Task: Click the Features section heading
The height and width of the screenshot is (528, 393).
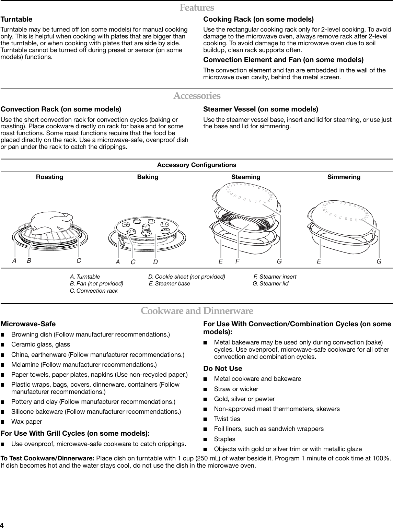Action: tap(197, 8)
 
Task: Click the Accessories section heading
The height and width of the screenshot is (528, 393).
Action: tap(197, 95)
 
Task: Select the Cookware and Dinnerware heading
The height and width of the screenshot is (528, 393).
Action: tap(197, 311)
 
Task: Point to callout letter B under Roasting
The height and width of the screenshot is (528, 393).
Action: tap(29, 261)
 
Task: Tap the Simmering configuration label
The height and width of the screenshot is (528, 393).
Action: tap(344, 177)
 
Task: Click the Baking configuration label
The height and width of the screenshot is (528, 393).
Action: tap(148, 177)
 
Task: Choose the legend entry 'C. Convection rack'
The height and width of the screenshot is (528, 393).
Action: tap(94, 291)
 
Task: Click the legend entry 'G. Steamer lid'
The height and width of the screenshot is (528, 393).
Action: tap(270, 284)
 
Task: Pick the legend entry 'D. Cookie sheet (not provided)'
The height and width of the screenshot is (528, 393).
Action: tap(187, 277)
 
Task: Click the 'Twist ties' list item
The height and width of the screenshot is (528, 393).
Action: tap(227, 419)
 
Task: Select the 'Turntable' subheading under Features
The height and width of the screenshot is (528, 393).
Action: tap(16, 19)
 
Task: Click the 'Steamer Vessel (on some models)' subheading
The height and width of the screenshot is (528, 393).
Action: tap(261, 109)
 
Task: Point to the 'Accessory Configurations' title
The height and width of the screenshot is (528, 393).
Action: tap(197, 165)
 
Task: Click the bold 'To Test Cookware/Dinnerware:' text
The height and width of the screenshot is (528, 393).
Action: tap(48, 459)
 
